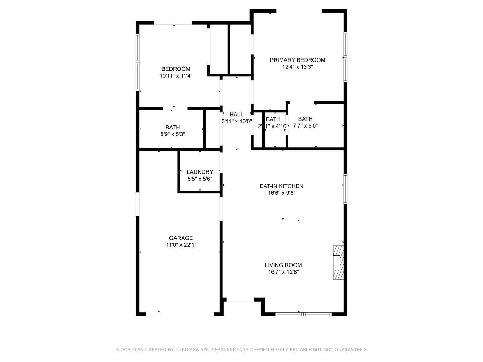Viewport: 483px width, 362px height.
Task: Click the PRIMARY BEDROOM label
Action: (297, 60)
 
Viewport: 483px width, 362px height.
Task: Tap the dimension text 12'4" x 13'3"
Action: (297, 67)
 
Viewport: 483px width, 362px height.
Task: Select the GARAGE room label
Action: (181, 238)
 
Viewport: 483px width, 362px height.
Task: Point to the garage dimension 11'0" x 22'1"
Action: (181, 245)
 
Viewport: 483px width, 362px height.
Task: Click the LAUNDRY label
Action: (200, 172)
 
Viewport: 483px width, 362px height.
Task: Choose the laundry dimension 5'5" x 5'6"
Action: (200, 179)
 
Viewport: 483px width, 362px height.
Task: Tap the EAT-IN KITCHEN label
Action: (281, 186)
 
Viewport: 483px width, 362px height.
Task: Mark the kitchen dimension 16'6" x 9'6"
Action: (282, 193)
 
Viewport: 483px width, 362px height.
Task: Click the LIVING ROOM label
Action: (283, 265)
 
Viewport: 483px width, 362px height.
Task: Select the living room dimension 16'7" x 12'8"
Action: (283, 272)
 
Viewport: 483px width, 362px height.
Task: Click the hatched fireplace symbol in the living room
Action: (338, 263)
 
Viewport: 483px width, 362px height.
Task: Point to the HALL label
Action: (236, 115)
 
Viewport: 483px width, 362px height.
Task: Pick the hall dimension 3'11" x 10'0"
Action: (236, 121)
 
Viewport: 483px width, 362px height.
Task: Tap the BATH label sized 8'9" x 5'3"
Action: (172, 127)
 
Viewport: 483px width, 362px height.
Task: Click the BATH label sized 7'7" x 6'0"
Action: (305, 119)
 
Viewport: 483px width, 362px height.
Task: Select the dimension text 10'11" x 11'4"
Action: (176, 76)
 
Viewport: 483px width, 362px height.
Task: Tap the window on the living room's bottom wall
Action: (303, 314)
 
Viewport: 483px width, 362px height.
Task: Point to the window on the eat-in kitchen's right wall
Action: (345, 188)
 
